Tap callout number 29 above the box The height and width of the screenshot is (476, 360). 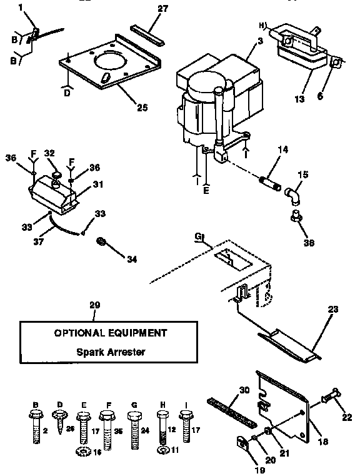pyautogui.click(x=95, y=305)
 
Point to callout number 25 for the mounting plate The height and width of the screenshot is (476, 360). pyautogui.click(x=142, y=108)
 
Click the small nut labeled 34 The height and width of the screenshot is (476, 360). pyautogui.click(x=99, y=241)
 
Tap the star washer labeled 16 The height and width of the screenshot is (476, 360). pyautogui.click(x=80, y=452)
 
